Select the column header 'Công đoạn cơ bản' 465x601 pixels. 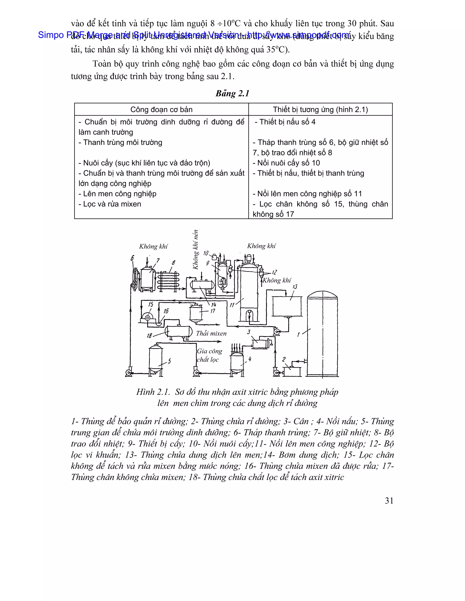pyautogui.click(x=161, y=110)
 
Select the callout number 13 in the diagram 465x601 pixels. pyautogui.click(x=295, y=287)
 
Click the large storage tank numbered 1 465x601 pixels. pyautogui.click(x=322, y=336)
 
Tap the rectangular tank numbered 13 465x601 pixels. pyautogui.click(x=287, y=306)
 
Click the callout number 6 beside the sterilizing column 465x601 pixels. pyautogui.click(x=132, y=258)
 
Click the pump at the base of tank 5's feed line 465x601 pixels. pyautogui.click(x=128, y=373)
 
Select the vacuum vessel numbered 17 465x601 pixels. pyautogui.click(x=196, y=312)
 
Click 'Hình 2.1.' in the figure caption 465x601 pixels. pyautogui.click(x=153, y=392)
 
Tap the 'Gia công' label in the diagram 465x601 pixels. pyautogui.click(x=209, y=351)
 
